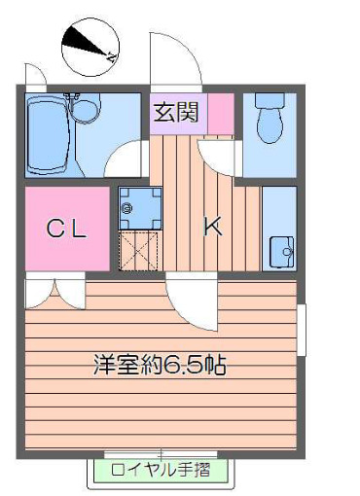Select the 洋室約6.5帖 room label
tap(160, 366)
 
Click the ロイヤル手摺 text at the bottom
tap(162, 472)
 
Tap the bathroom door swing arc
tap(125, 160)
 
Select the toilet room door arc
tap(216, 156)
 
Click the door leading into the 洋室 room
tap(187, 303)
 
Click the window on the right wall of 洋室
tap(303, 331)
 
